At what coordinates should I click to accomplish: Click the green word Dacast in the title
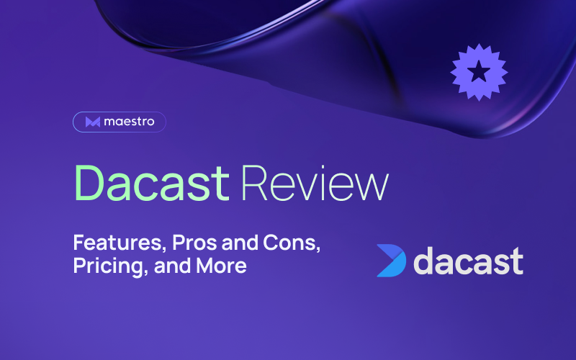(x=152, y=183)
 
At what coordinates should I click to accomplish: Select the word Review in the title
(x=315, y=183)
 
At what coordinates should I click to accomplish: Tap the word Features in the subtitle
(x=117, y=243)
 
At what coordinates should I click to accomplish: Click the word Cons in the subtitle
(x=292, y=243)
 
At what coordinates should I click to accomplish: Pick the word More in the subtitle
(x=221, y=266)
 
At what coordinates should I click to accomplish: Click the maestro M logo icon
(x=93, y=122)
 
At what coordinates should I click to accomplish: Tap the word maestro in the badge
(x=129, y=122)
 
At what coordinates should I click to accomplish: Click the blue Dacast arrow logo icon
(x=392, y=261)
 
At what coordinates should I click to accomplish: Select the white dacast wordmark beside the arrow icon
(x=469, y=261)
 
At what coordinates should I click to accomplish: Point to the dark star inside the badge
(x=479, y=71)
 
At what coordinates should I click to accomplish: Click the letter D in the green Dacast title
(x=89, y=184)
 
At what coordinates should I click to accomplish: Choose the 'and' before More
(x=172, y=266)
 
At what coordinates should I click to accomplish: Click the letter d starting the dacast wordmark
(x=425, y=261)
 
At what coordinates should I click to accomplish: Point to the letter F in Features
(x=79, y=243)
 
